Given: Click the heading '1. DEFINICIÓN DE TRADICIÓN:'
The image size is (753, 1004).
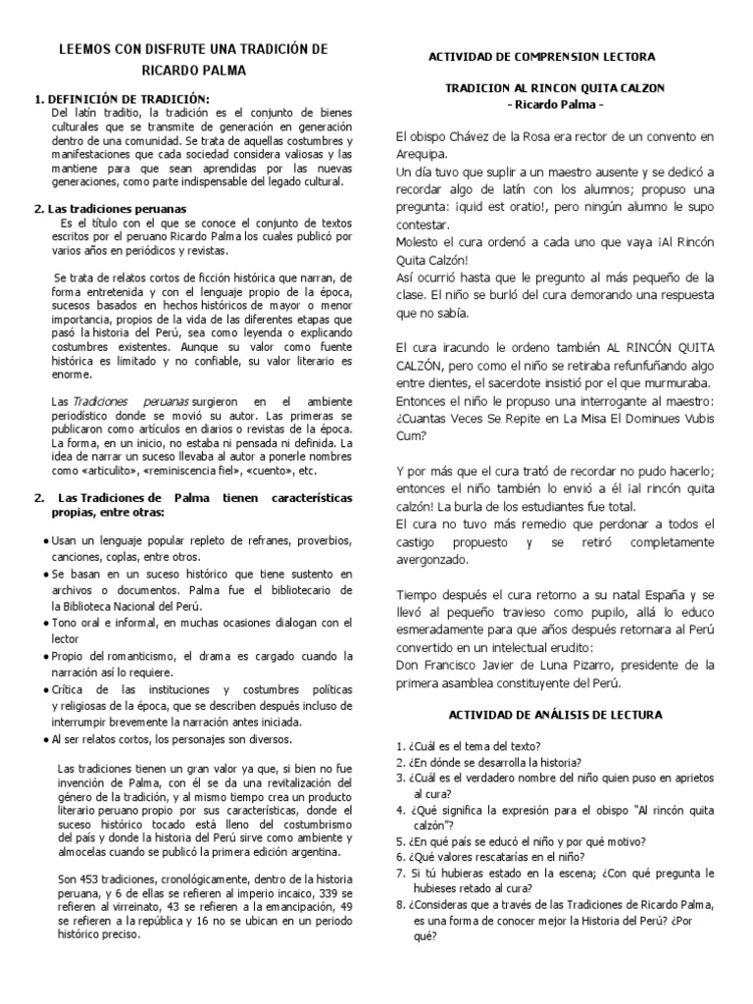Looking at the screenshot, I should point(122,99).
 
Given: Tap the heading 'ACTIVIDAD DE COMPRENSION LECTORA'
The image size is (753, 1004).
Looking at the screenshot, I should point(541,58).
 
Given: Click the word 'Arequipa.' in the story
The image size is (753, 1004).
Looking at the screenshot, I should point(422,154).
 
